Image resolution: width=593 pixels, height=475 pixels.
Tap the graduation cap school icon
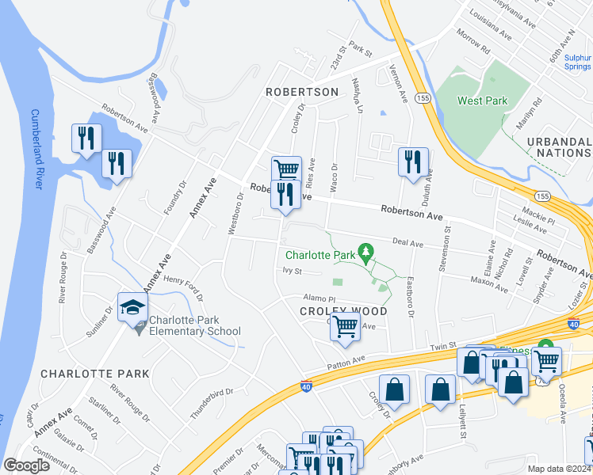pos(132,308)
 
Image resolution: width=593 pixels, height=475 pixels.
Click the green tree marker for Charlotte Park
pos(365,253)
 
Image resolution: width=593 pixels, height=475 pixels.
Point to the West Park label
pos(482,101)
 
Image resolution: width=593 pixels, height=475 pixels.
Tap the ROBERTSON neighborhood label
pos(301,92)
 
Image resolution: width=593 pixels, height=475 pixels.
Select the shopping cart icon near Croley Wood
pos(345,325)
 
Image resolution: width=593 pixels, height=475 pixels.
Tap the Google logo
pos(26,465)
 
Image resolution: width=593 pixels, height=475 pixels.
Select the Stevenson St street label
pos(447,251)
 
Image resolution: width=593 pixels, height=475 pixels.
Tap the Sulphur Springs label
pos(577,63)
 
